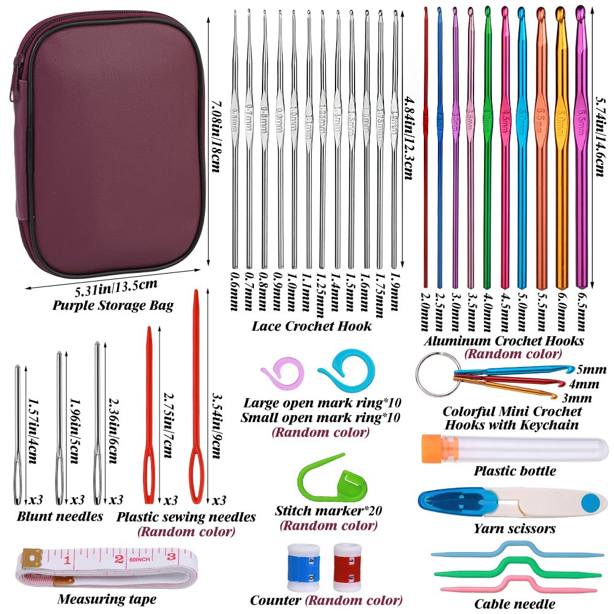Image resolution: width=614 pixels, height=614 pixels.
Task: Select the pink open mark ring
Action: pyautogui.click(x=278, y=378)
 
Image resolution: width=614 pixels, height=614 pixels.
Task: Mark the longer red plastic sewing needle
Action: pyautogui.click(x=196, y=399)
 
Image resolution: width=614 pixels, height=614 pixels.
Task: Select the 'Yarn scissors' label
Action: pyautogui.click(x=515, y=528)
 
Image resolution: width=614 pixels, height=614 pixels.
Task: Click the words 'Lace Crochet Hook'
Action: pyautogui.click(x=312, y=326)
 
